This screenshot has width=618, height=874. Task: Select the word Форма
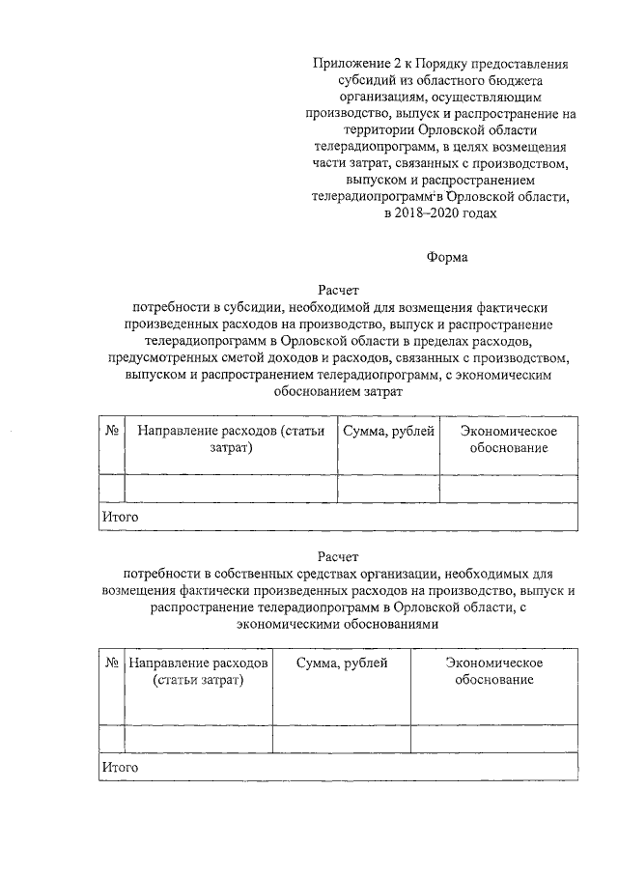tap(446, 258)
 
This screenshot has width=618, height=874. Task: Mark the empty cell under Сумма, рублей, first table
tap(388, 489)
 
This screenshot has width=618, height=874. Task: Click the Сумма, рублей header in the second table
tap(342, 663)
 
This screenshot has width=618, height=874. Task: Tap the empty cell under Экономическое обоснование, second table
tap(494, 738)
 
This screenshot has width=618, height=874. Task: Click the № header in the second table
tap(112, 663)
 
